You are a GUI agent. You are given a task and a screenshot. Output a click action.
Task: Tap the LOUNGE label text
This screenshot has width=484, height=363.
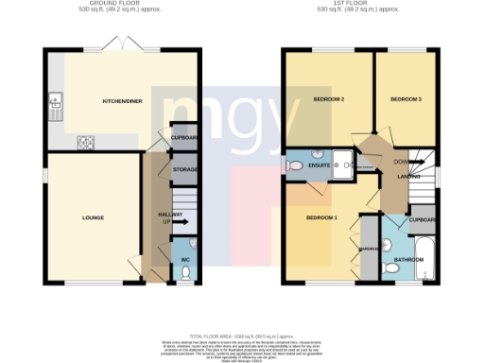93,217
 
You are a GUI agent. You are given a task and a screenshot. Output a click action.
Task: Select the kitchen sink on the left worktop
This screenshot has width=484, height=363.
55,97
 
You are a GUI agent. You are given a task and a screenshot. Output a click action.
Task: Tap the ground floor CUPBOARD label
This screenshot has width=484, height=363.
184,137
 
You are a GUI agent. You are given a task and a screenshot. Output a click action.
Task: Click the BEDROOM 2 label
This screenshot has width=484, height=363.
328,99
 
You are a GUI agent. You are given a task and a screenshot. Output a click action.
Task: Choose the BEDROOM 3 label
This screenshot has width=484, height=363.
406,98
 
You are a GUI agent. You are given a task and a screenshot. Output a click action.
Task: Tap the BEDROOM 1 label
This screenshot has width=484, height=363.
320,218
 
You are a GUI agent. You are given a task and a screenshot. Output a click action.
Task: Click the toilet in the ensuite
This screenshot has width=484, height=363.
297,167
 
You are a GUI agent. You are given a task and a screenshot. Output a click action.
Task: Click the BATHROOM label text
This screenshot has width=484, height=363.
408,258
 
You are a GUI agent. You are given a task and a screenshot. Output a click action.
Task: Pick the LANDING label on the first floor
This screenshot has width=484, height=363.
409,176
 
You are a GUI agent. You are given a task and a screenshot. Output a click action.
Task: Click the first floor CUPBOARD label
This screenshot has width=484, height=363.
422,220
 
